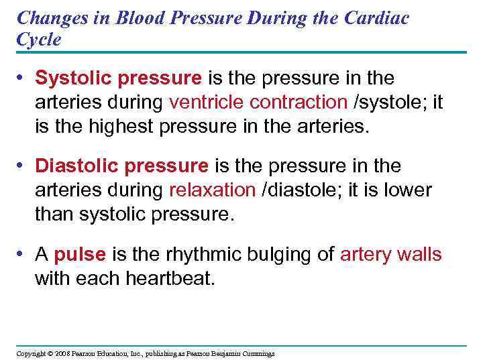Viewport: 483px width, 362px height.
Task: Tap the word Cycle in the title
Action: (38, 39)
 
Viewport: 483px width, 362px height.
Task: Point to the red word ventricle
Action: (207, 102)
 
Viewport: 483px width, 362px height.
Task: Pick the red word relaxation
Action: (212, 189)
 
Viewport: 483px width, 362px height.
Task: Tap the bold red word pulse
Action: (80, 254)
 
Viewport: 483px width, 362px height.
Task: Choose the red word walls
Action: (419, 254)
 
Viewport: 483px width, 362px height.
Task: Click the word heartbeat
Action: (170, 278)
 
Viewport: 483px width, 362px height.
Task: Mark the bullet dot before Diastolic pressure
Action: (22, 166)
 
